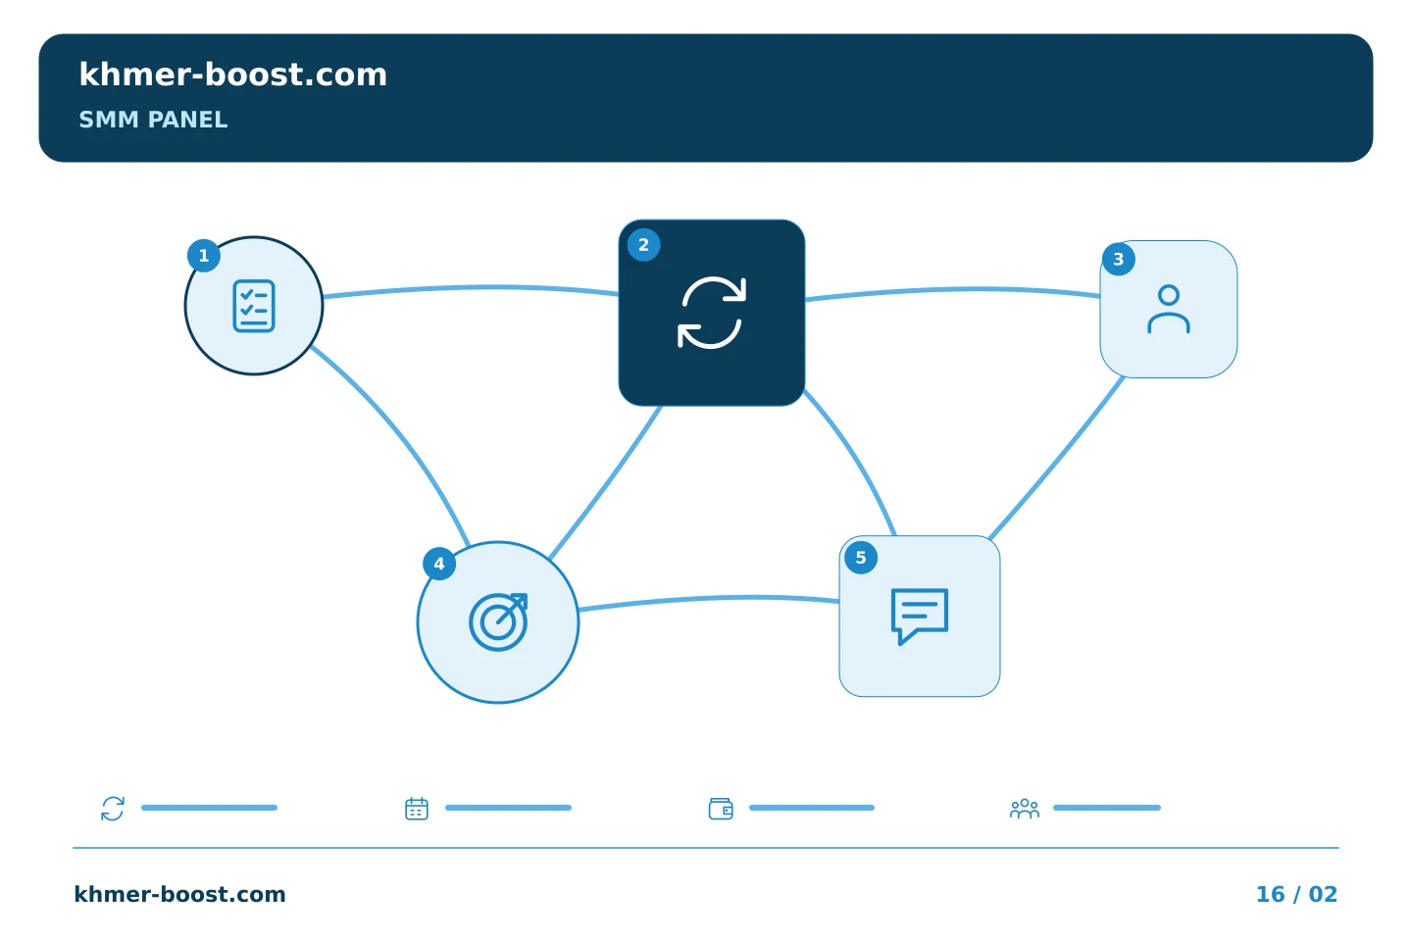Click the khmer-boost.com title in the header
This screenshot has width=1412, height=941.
[232, 74]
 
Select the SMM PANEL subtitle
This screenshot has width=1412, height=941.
[153, 120]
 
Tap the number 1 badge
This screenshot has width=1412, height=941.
[204, 256]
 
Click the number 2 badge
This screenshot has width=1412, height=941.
[643, 245]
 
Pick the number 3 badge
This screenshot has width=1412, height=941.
[1118, 259]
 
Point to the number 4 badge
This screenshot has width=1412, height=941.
[439, 564]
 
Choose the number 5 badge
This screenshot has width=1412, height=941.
[861, 558]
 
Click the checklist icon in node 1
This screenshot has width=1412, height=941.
[253, 306]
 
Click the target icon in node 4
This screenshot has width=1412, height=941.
[498, 622]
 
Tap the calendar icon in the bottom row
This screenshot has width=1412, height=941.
[417, 809]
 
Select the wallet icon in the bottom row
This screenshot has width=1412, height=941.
[721, 809]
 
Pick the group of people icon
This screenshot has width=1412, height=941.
[1025, 810]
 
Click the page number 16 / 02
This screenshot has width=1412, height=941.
[1296, 894]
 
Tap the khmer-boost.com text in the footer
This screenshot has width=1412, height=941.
[179, 894]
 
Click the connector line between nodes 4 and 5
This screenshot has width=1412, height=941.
[709, 598]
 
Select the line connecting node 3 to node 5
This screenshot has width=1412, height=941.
[1056, 458]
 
